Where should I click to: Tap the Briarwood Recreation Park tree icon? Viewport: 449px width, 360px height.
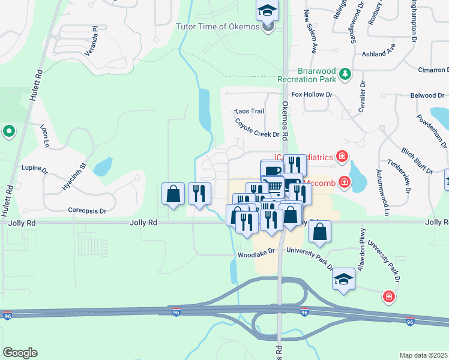point(345,74)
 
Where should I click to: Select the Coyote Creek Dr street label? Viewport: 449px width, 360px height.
point(257,128)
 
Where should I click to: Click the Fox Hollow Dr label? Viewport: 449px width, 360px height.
point(312,95)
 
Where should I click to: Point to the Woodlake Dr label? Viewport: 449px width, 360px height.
point(256,254)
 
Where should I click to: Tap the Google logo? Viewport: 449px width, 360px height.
point(20,353)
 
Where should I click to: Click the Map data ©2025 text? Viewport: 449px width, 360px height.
point(423,355)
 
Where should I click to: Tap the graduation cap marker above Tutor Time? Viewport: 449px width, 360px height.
point(267,8)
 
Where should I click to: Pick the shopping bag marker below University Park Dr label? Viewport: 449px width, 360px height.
point(321,231)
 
